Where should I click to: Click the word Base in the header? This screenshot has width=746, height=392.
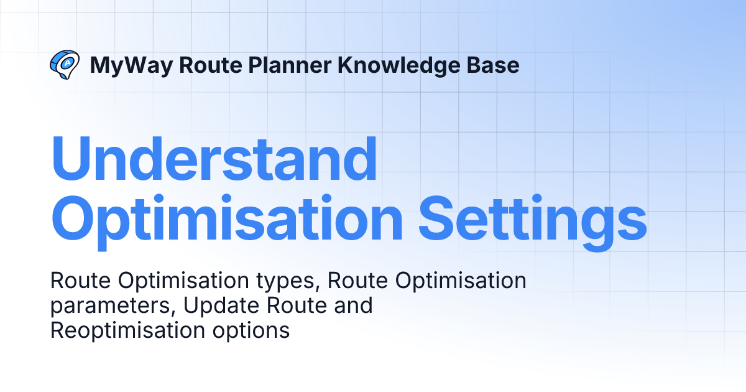pyautogui.click(x=492, y=65)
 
